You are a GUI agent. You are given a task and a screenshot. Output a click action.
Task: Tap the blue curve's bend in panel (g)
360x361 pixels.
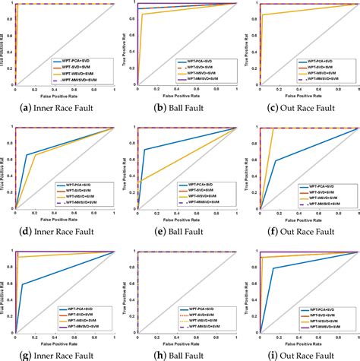click(22, 285)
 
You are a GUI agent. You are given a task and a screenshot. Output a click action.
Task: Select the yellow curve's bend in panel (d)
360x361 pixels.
click(35, 155)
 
